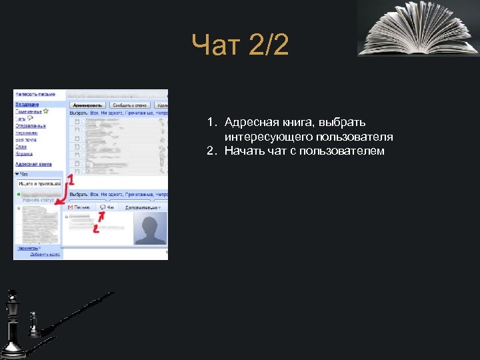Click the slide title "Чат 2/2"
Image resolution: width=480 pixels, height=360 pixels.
(x=240, y=46)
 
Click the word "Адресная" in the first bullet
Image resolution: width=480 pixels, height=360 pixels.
(x=247, y=123)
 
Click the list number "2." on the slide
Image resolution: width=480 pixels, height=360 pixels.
(x=212, y=151)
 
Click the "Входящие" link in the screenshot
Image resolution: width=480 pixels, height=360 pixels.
(x=27, y=105)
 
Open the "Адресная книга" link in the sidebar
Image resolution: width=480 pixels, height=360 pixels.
(x=33, y=163)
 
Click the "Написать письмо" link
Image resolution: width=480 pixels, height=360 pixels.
(x=35, y=95)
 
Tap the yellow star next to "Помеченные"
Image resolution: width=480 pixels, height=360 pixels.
(x=46, y=111)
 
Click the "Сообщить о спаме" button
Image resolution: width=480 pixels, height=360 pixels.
(x=129, y=105)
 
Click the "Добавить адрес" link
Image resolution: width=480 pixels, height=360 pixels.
(x=45, y=255)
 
